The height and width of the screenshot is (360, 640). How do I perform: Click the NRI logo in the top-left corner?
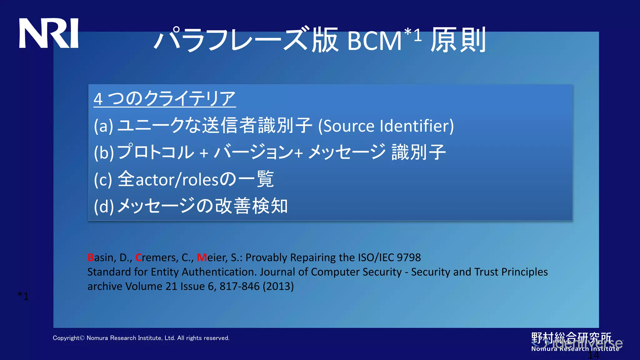point(49,33)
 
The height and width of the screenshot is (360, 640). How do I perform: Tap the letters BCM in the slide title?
point(374,41)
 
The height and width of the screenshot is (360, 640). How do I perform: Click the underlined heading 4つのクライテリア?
point(164,98)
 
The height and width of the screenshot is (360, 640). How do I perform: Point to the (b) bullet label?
point(104,153)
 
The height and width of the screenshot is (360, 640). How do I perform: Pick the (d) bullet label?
point(104,207)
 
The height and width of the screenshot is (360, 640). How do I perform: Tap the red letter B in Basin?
point(91,257)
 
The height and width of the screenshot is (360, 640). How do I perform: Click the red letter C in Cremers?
point(138,257)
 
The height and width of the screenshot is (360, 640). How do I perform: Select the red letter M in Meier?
point(202,257)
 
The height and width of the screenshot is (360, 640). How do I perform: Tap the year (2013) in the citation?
point(278,286)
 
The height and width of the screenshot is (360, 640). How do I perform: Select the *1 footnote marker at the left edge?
point(23,296)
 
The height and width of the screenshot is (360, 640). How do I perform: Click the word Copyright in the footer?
point(66,338)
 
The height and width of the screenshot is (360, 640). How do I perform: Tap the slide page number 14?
point(593,355)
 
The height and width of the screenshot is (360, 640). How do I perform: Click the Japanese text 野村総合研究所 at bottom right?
point(571,338)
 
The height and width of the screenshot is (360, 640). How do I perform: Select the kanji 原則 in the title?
point(458,40)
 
